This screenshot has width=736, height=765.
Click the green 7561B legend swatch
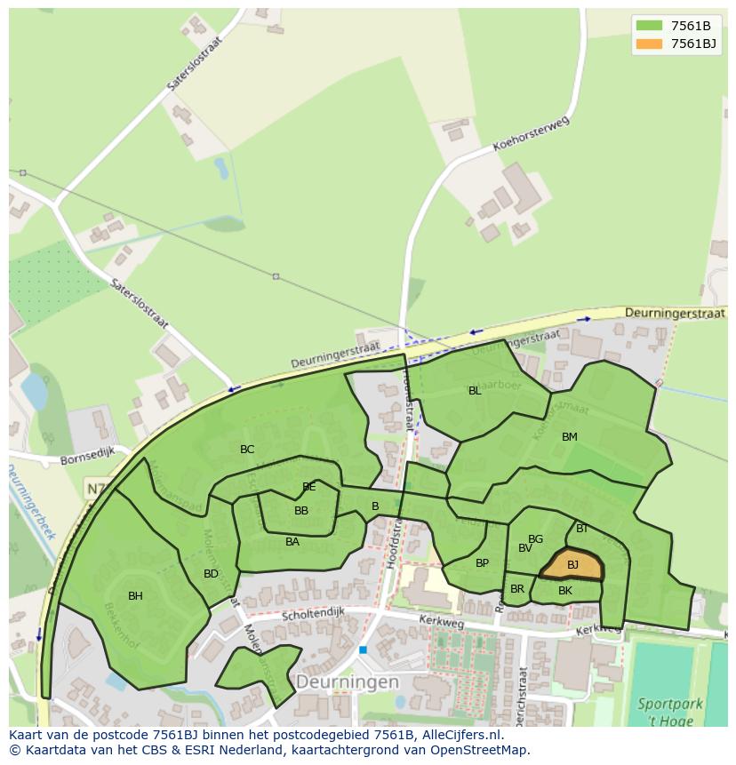[x=649, y=26]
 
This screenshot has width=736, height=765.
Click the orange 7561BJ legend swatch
[x=649, y=44]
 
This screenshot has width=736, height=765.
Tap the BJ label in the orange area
[x=572, y=565]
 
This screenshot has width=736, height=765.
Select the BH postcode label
[x=135, y=596]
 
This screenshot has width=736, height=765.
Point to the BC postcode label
[x=247, y=450]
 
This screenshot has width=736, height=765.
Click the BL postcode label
[x=475, y=391]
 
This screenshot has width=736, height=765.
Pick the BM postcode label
[x=570, y=437]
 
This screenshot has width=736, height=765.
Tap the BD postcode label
[x=211, y=574]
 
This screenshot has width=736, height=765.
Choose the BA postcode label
[x=292, y=542]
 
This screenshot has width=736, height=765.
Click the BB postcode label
[x=301, y=511]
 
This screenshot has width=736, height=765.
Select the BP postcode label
[x=482, y=563]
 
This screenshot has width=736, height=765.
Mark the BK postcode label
[x=565, y=591]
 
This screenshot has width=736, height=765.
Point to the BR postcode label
[x=517, y=589]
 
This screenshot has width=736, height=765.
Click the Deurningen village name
[x=347, y=682]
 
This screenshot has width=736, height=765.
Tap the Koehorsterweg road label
[x=530, y=135]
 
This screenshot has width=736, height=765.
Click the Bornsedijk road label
[x=87, y=461]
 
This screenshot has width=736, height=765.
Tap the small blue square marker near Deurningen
[x=363, y=650]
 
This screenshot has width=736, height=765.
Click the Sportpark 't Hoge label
[x=669, y=713]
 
